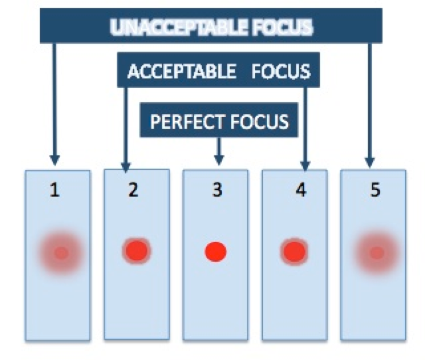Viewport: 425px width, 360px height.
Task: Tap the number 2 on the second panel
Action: coord(132,190)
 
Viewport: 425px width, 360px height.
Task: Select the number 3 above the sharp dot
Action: coord(217,190)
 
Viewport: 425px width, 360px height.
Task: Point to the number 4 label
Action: coord(300,190)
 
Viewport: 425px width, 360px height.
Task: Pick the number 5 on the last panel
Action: coord(375,190)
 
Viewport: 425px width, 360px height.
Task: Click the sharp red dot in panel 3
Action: coord(215,252)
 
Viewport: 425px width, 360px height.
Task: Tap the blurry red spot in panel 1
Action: coord(62,253)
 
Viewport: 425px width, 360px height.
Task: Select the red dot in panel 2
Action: coord(137,250)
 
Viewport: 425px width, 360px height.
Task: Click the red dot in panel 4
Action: coord(294,251)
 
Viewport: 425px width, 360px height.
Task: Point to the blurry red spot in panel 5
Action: coord(376,253)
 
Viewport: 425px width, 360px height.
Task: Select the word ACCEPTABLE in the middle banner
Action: coord(181,72)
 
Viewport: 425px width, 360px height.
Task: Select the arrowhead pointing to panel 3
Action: coord(219,159)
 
